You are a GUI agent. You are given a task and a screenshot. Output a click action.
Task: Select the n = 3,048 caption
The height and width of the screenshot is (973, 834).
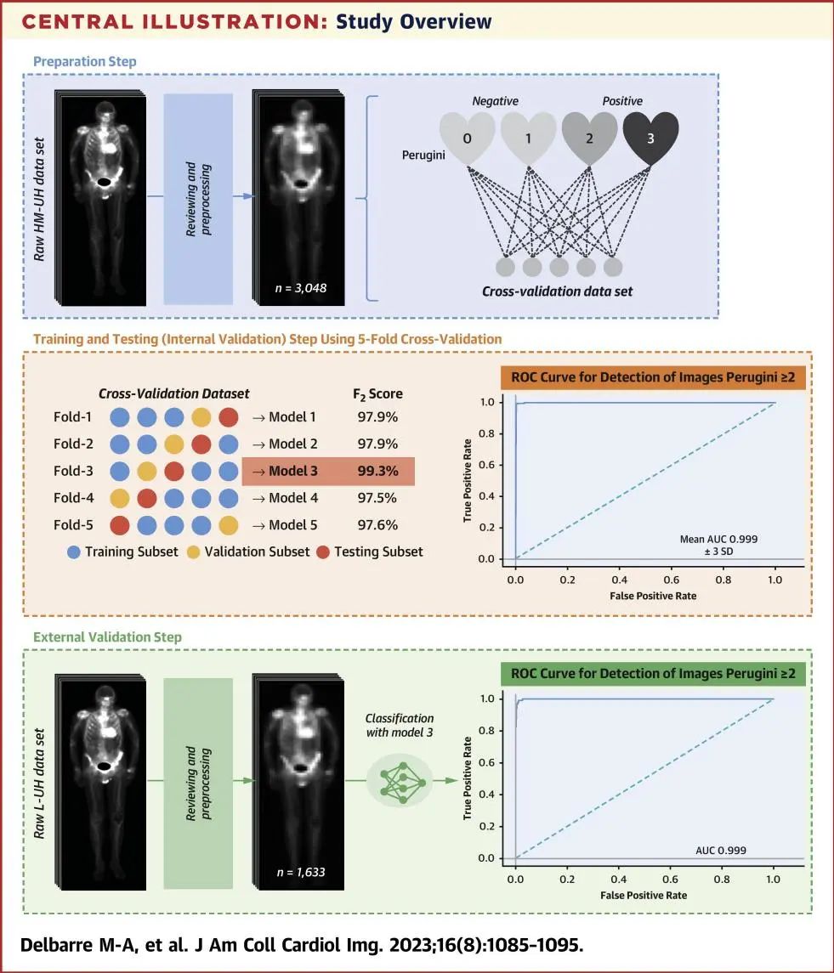coord(301,288)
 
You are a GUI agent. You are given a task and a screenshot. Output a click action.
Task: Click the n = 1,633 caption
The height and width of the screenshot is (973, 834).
coord(301,872)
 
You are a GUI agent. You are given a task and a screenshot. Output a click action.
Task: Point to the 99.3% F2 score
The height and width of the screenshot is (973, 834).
coord(377,471)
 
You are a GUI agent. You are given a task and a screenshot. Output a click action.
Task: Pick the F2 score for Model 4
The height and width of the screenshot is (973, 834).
coord(377,498)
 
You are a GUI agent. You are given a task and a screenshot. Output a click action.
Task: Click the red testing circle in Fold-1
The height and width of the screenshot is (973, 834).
coord(229,417)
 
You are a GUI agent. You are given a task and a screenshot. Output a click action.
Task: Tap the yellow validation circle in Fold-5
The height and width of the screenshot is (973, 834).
coord(229,525)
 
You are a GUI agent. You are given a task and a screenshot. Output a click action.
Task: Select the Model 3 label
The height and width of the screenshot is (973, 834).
coord(292,471)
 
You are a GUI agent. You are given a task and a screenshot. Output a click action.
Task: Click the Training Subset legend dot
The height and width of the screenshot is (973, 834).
coord(74,552)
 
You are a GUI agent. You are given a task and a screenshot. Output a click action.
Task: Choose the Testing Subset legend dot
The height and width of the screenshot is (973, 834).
coord(323,552)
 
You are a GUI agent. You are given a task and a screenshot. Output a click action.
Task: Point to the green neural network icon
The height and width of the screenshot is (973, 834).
coord(403,783)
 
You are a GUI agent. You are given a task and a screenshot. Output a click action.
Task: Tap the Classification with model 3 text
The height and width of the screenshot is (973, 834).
coord(400,725)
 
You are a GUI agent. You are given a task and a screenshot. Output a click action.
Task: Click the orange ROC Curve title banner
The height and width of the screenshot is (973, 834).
coord(653,377)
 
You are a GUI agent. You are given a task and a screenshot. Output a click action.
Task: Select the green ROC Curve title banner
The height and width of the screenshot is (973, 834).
coord(653,674)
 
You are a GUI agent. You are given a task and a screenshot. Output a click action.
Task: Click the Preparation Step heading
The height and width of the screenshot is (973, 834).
coord(84,61)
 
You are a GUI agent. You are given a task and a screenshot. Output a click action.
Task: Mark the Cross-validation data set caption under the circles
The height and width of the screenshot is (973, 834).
coord(557,291)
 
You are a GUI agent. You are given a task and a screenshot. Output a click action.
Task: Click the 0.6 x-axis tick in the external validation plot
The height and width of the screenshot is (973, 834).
coord(670,880)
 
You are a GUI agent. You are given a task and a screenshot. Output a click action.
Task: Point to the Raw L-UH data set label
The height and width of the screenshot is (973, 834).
coord(39,783)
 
